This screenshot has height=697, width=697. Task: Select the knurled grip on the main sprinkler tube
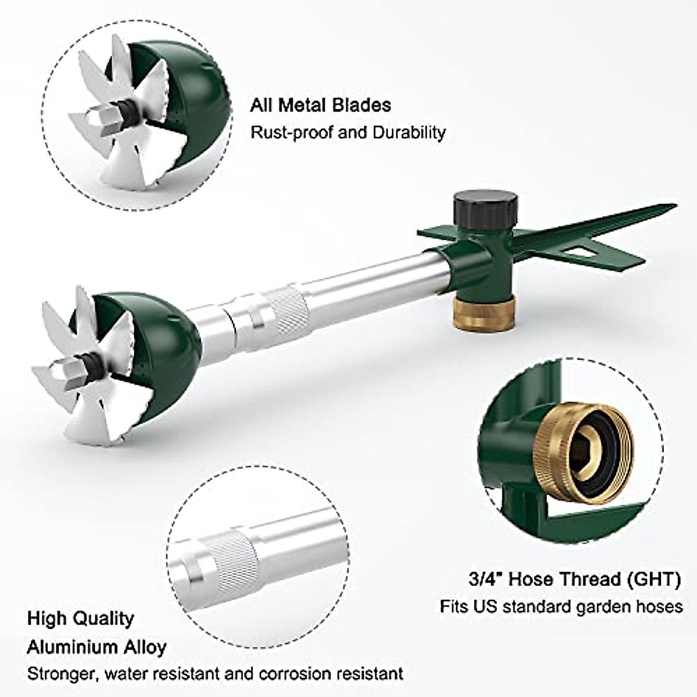tap(285, 315)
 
